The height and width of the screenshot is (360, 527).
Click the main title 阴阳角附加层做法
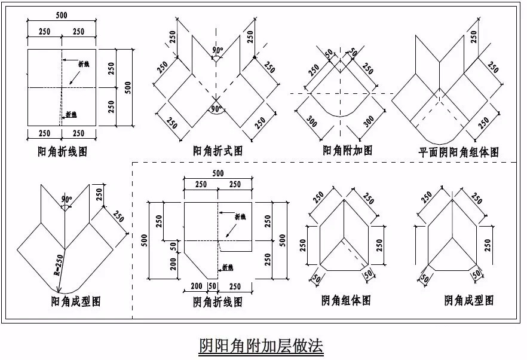(x=262, y=345)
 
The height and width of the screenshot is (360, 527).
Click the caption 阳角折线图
(x=62, y=152)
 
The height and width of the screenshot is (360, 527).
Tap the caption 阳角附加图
(x=347, y=151)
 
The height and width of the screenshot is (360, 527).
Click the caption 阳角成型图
(x=76, y=301)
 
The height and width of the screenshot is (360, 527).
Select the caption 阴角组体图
(x=346, y=300)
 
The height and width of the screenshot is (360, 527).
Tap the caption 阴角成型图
(x=469, y=300)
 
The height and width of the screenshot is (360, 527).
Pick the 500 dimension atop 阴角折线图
(x=217, y=173)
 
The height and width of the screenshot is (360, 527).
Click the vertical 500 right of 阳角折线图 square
(x=127, y=87)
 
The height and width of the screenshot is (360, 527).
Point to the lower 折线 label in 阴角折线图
(x=228, y=267)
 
